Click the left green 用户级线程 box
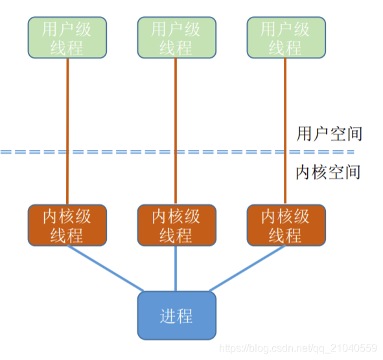(x=67, y=38)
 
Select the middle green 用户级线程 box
(x=176, y=38)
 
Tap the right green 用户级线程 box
(x=285, y=38)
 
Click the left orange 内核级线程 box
(x=67, y=226)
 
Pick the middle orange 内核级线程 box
(x=176, y=226)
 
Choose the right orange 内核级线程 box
(x=285, y=226)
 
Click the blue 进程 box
(x=176, y=316)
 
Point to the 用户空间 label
(x=328, y=134)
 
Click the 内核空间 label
(x=328, y=173)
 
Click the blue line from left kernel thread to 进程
(x=107, y=270)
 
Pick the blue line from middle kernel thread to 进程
(x=176, y=269)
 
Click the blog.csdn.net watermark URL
(x=298, y=349)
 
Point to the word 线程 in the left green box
(x=67, y=47)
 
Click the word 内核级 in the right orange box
(x=285, y=217)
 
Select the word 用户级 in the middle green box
(x=176, y=29)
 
